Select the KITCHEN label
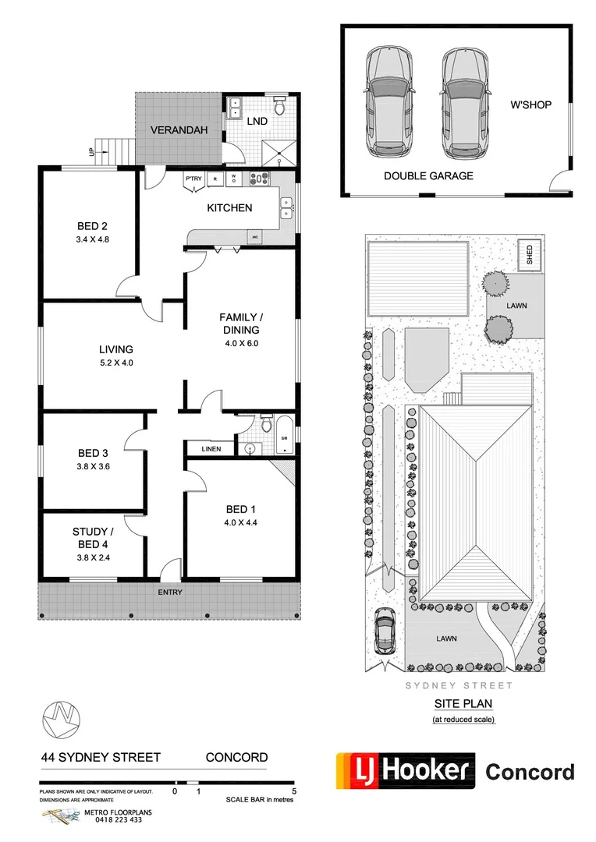(x=229, y=208)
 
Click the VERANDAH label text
(x=179, y=130)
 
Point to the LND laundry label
(x=257, y=122)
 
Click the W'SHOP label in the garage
(x=530, y=104)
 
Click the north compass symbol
(x=62, y=717)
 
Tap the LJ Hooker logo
(x=406, y=770)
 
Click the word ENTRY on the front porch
(x=170, y=593)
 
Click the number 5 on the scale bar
(x=293, y=790)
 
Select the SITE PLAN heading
(x=463, y=703)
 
